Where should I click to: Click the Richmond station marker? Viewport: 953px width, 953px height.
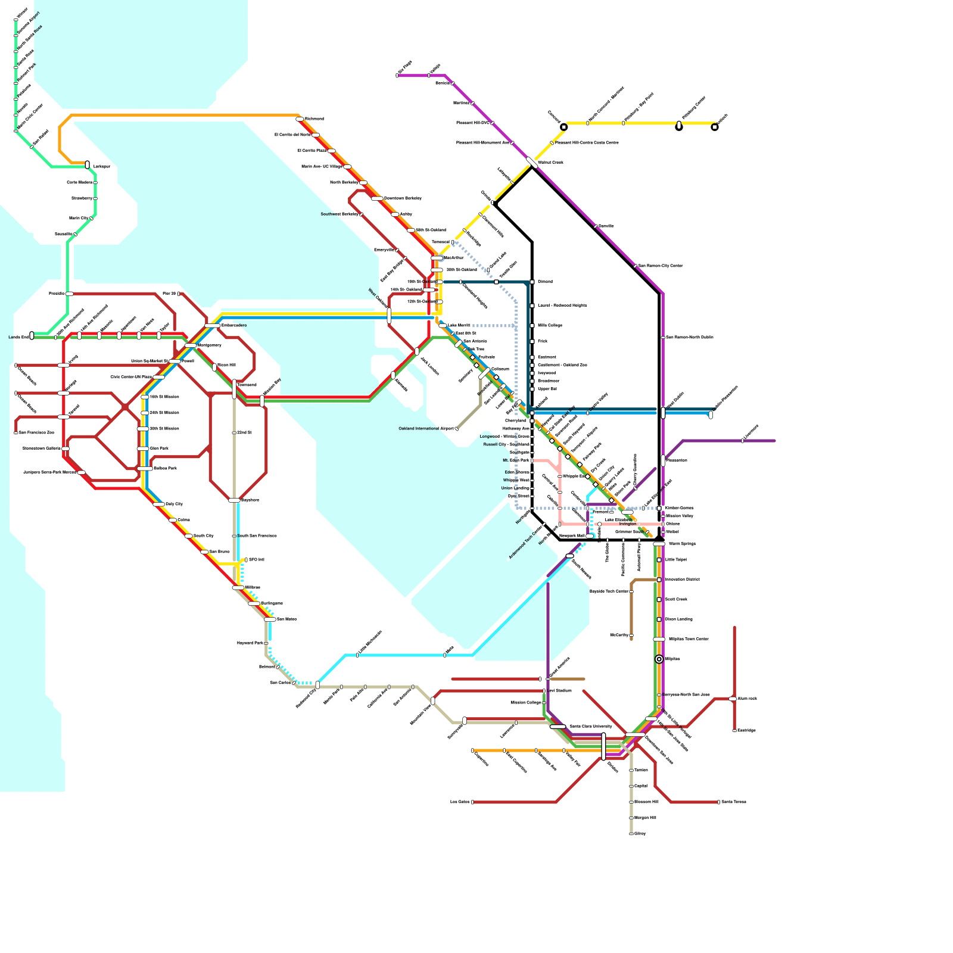(x=300, y=119)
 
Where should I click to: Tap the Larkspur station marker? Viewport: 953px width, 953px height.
(x=88, y=164)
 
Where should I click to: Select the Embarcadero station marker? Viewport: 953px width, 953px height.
(x=212, y=326)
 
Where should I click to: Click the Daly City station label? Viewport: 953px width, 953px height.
(x=174, y=504)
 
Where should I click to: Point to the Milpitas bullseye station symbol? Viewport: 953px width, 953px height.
(x=659, y=659)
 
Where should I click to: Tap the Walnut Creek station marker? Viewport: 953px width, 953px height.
(x=532, y=162)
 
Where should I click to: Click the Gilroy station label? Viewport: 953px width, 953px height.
(x=640, y=834)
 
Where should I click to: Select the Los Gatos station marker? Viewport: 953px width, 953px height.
(x=472, y=802)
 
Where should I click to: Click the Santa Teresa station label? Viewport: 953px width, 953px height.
(x=734, y=802)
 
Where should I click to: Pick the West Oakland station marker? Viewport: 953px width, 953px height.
(x=389, y=315)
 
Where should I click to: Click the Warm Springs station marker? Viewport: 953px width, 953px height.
(x=659, y=544)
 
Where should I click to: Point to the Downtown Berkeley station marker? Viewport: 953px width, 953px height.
(x=377, y=198)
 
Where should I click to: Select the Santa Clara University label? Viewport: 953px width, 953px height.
(x=590, y=727)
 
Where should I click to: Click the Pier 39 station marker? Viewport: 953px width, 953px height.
(x=179, y=294)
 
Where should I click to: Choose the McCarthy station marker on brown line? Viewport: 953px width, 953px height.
(x=631, y=636)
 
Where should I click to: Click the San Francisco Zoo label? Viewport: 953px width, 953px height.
(x=36, y=433)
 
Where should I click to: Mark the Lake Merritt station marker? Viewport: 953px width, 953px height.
(x=443, y=325)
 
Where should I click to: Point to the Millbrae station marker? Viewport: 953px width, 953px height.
(x=238, y=588)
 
